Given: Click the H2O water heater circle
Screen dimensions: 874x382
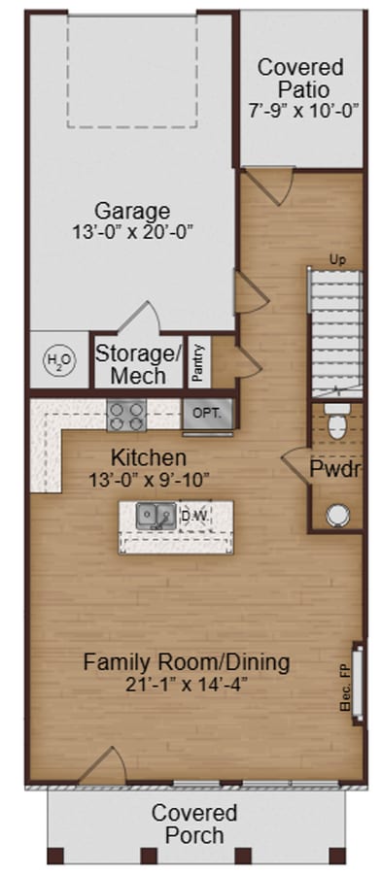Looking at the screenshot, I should pyautogui.click(x=58, y=361).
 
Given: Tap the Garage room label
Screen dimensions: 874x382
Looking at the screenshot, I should pyautogui.click(x=132, y=211).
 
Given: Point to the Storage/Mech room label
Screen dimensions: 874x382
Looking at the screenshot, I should pyautogui.click(x=137, y=363).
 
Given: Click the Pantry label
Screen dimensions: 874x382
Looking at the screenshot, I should pyautogui.click(x=197, y=361).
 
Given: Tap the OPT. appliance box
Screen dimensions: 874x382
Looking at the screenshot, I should pyautogui.click(x=207, y=413).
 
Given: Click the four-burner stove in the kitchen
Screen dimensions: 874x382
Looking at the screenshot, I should pyautogui.click(x=125, y=416).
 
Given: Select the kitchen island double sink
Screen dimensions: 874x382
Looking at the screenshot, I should pyautogui.click(x=156, y=515).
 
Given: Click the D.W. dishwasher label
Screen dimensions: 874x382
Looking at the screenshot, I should pyautogui.click(x=194, y=516).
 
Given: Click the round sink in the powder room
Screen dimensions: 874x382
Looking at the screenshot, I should pyautogui.click(x=337, y=514).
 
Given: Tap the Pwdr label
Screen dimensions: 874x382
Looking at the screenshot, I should pyautogui.click(x=336, y=469).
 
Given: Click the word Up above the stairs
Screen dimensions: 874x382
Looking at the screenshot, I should pyautogui.click(x=337, y=259).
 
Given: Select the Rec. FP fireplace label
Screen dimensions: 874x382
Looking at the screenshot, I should pyautogui.click(x=344, y=688).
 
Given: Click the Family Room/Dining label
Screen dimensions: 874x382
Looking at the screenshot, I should pyautogui.click(x=186, y=662).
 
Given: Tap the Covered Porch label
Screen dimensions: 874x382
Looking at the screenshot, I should pyautogui.click(x=194, y=823).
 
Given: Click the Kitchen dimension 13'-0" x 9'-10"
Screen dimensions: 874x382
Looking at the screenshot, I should pyautogui.click(x=148, y=478).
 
